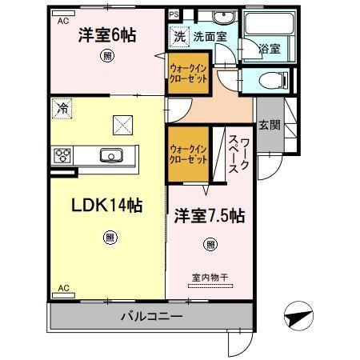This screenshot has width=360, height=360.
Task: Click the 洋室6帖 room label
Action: click(106, 35)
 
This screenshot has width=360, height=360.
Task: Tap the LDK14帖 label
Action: click(97, 206)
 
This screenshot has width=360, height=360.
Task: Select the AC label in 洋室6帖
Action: click(62, 22)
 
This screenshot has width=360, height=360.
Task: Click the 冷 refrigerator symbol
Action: click(62, 107)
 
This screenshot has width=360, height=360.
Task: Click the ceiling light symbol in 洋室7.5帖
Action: click(210, 244)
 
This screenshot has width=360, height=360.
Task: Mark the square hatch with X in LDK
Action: click(122, 124)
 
